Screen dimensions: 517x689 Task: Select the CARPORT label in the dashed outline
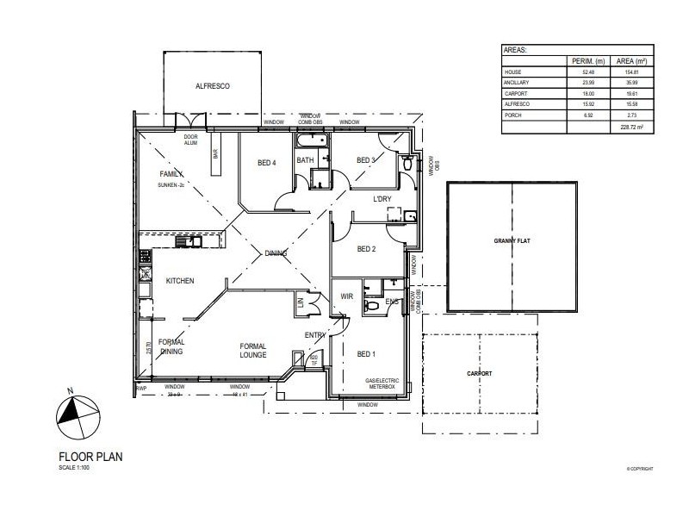pyautogui.click(x=479, y=373)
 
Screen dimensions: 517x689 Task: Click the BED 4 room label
pyautogui.click(x=267, y=163)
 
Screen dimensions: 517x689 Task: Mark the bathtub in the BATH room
pyautogui.click(x=309, y=142)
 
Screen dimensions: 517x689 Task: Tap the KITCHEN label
pyautogui.click(x=180, y=281)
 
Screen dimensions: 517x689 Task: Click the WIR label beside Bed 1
pyautogui.click(x=348, y=296)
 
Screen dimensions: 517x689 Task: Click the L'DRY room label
pyautogui.click(x=383, y=199)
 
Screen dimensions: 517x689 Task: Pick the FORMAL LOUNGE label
pyautogui.click(x=253, y=349)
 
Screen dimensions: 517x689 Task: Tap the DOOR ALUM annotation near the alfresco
pyautogui.click(x=191, y=140)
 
